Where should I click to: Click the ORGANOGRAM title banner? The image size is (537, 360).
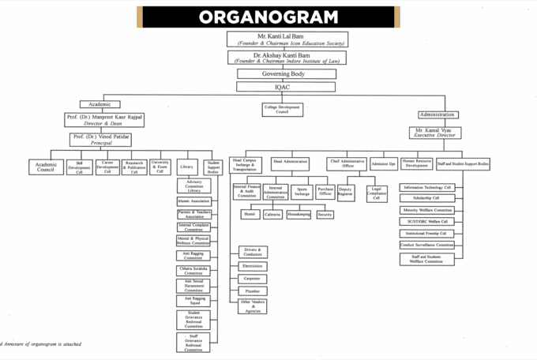(x=268, y=17)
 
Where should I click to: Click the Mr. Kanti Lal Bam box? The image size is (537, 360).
(x=288, y=39)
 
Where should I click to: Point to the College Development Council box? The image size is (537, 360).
(x=283, y=109)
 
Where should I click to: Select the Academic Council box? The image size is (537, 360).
(x=46, y=167)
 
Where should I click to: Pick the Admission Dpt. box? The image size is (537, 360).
(x=384, y=163)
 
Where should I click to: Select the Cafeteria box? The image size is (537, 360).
(x=273, y=214)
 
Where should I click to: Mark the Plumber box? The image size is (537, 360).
(x=253, y=291)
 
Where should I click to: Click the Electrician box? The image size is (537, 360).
(x=253, y=266)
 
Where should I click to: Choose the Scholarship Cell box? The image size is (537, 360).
(x=427, y=198)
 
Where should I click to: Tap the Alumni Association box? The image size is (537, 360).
(x=193, y=201)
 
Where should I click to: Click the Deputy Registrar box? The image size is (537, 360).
(x=345, y=192)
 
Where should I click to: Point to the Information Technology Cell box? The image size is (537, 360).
(x=427, y=187)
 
